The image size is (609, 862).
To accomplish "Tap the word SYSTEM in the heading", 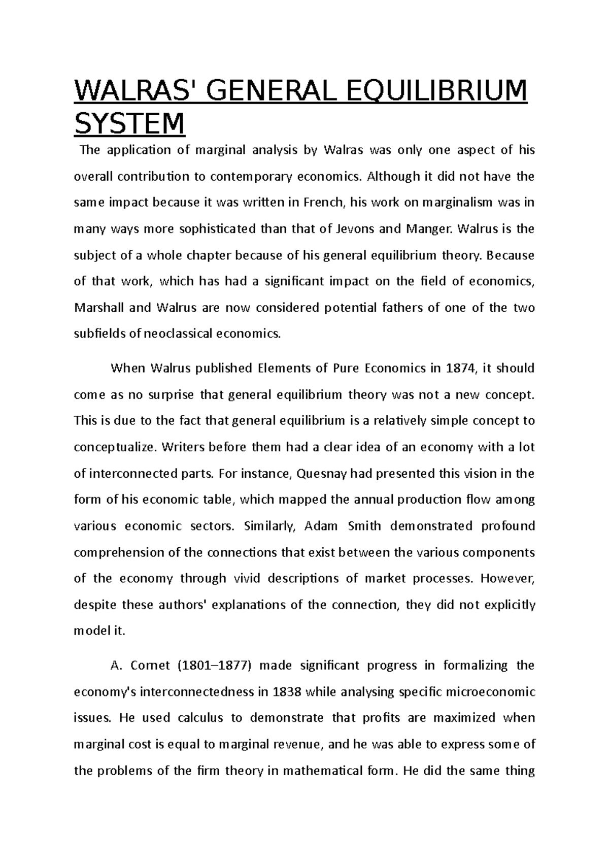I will tap(129, 124).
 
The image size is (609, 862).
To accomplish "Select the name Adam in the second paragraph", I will tap(321, 526).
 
